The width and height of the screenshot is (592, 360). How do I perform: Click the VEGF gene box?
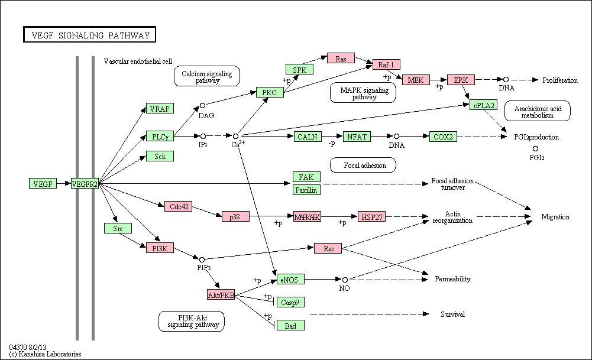point(43,183)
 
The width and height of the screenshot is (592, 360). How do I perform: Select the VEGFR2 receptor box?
point(85,183)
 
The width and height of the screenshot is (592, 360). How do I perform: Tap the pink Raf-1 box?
point(386,64)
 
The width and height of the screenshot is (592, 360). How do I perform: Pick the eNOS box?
point(290,279)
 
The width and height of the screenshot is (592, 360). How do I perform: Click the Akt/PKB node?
point(221,295)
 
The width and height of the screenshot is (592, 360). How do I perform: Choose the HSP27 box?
point(371,216)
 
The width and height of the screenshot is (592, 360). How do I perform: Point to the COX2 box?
point(443,137)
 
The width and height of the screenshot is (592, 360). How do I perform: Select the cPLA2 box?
point(484,105)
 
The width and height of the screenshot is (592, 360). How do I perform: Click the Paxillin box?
point(306,190)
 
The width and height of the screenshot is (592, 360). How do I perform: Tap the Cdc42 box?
point(178,206)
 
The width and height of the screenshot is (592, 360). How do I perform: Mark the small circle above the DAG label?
point(202,106)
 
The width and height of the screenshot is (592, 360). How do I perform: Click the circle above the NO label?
point(345,280)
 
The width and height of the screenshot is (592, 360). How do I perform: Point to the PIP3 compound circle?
point(202,260)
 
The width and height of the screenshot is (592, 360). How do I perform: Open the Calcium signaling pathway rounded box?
point(207,76)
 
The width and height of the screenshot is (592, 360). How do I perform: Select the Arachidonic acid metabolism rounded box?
point(538,111)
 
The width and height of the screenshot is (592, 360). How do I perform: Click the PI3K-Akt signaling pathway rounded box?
point(192,321)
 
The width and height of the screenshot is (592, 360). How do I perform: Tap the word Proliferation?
point(560,80)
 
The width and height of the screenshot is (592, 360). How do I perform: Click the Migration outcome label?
point(555,216)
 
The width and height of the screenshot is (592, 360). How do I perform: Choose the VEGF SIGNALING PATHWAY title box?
point(89,34)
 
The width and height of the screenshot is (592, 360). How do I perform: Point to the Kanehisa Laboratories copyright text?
point(46,354)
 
